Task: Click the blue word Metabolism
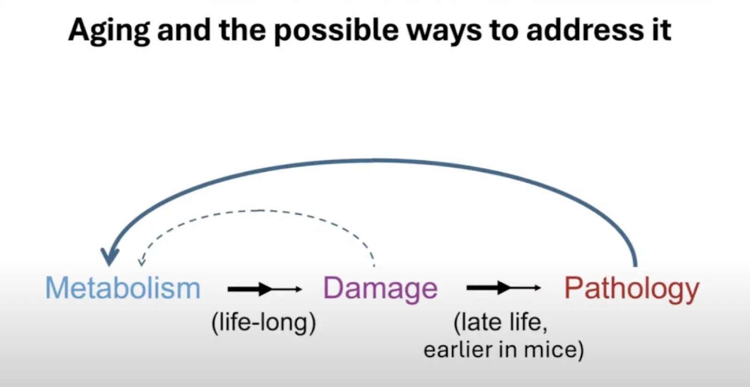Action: [123, 288]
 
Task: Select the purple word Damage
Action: [380, 288]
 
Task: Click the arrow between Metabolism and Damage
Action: [264, 289]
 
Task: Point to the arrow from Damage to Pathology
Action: [503, 288]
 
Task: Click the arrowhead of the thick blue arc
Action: [110, 257]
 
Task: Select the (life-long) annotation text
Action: [263, 323]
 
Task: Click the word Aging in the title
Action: [108, 30]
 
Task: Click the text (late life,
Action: [500, 323]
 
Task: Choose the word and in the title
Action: [184, 30]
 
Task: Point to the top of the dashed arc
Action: [258, 211]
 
